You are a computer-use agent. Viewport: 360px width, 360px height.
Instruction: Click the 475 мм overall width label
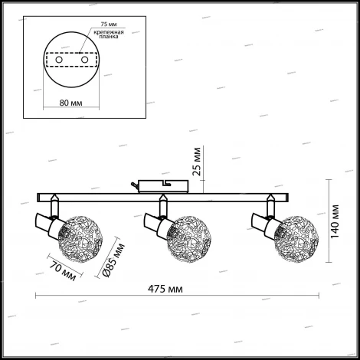point(165,289)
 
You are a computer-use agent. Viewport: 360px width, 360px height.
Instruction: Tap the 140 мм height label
point(335,221)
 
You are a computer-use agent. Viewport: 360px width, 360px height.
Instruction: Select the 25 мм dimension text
point(197,162)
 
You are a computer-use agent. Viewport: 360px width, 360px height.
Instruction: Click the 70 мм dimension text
point(63,271)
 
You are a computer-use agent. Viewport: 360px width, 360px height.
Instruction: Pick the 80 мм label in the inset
point(70,103)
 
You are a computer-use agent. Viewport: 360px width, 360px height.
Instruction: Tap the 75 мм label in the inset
point(109,25)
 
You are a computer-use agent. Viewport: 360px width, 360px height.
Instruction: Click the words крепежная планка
point(109,34)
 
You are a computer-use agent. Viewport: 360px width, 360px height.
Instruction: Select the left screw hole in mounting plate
point(59,60)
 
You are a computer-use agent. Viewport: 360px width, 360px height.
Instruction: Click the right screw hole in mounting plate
point(84,60)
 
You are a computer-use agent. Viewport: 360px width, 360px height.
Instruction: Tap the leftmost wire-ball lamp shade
point(80,239)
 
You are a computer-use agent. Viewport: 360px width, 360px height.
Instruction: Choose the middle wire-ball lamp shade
point(189,239)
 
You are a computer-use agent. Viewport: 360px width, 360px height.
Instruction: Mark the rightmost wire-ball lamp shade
point(296,239)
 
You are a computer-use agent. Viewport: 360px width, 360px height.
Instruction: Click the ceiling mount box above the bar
point(163,186)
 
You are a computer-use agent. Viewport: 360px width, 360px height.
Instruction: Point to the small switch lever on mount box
point(135,185)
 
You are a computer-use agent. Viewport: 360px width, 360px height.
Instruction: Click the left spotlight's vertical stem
point(54,208)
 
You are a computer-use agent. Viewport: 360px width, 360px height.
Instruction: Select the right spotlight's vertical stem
point(270,208)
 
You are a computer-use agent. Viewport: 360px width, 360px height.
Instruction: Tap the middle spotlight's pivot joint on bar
point(162,198)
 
